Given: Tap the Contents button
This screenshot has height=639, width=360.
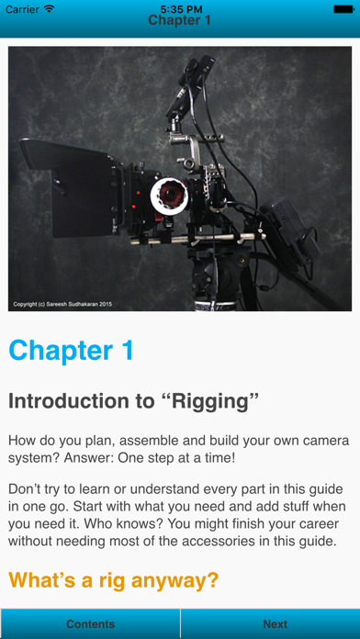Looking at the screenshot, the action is pos(90,623).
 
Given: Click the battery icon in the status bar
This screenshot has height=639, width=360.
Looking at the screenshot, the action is pos(344,9).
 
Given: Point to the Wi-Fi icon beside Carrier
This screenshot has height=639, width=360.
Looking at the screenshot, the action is pos(50,8).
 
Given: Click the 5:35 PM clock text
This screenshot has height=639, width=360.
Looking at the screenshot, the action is pos(180,8).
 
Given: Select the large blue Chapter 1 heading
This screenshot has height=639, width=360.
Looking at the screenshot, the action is pos(72,350).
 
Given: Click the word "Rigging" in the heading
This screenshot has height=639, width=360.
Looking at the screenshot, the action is pos(215,402).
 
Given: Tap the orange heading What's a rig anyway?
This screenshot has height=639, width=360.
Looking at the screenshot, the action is pos(114,580).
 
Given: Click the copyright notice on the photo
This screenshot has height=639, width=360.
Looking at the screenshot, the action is pos(62,304).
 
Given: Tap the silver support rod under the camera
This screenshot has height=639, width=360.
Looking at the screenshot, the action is pos(197,240).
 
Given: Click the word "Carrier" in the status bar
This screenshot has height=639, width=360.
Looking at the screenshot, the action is pos(22,9).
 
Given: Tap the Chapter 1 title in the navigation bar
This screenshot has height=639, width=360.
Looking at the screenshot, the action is pos(179,20).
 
